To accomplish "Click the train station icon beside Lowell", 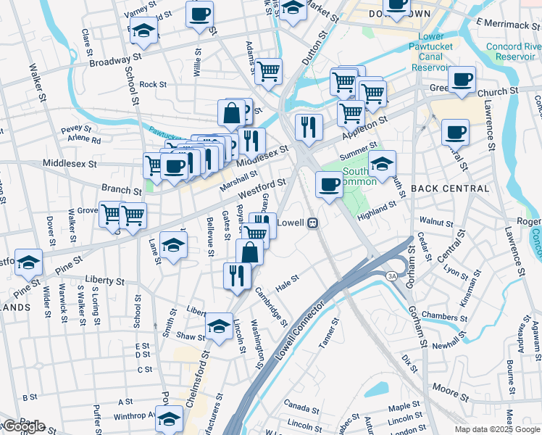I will tap(314, 223).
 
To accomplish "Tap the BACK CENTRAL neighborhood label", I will tap(450, 188).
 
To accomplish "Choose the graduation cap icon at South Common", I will tap(382, 163).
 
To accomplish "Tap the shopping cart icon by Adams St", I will tap(268, 72).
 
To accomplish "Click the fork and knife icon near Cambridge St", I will tap(237, 275).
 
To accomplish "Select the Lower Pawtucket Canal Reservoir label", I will tap(432, 52).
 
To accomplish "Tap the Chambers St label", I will tap(444, 318).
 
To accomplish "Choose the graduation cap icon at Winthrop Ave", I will tap(170, 418).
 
